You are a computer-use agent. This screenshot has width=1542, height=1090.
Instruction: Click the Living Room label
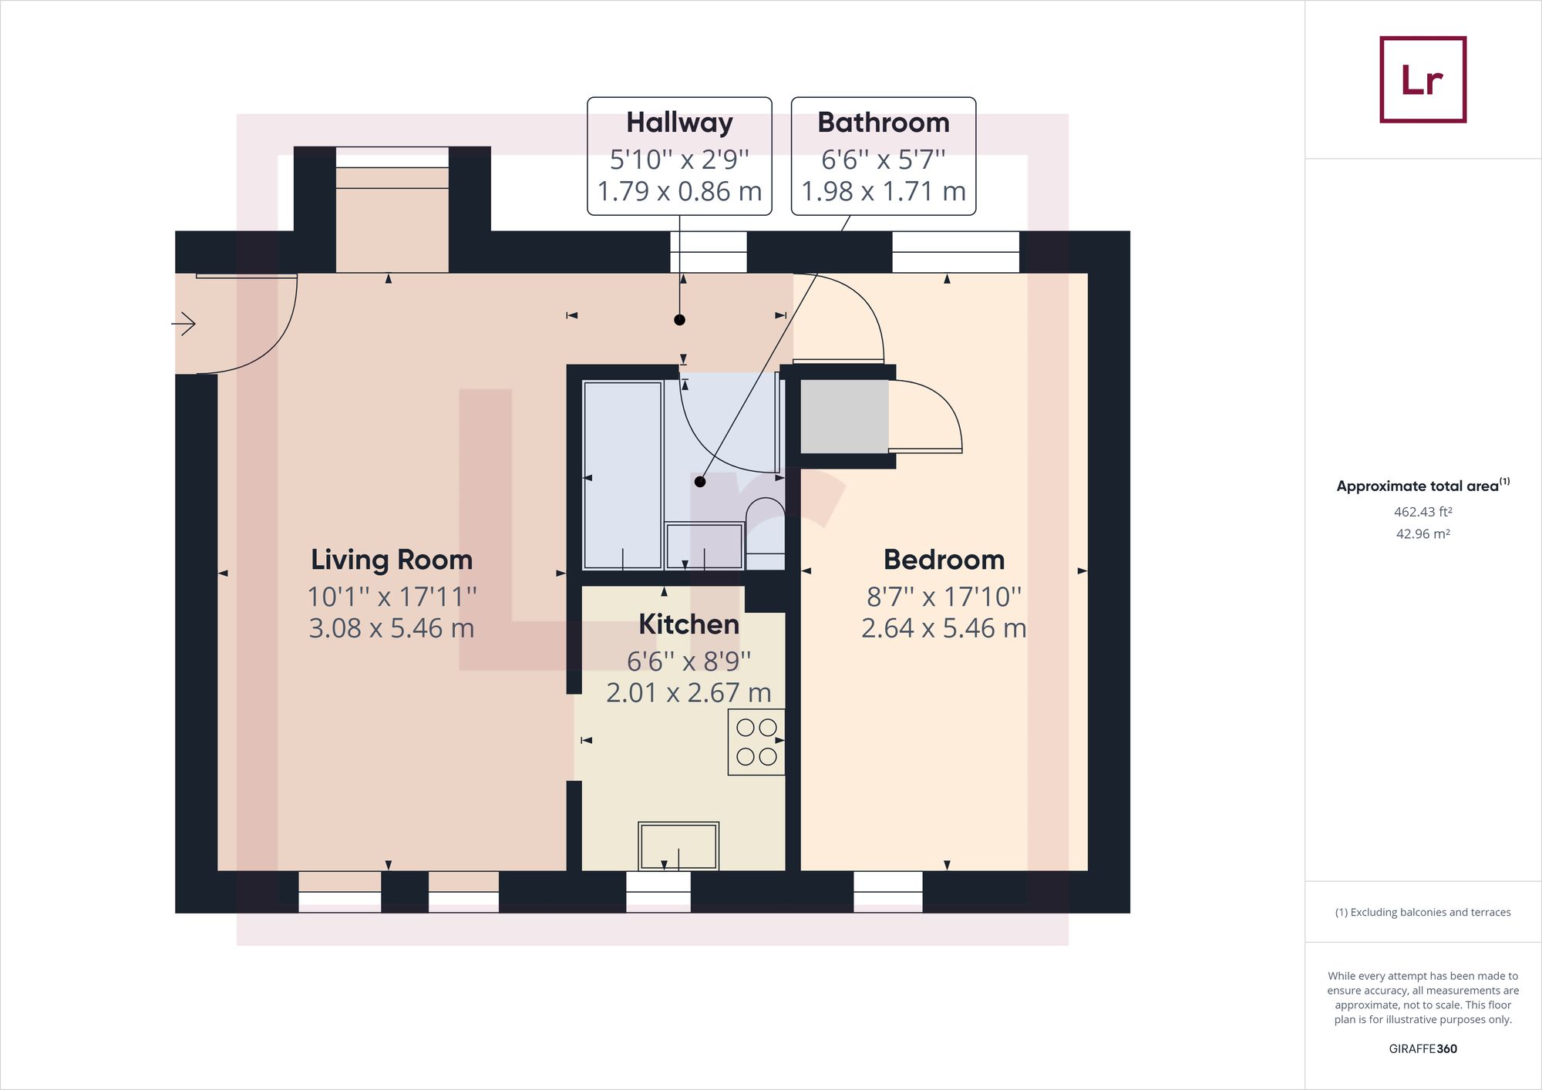[x=392, y=560]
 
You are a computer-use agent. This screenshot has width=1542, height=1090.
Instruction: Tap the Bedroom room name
[x=944, y=560]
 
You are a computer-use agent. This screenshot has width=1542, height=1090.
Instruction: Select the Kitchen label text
[x=689, y=624]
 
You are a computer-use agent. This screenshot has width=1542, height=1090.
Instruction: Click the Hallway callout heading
[x=679, y=123]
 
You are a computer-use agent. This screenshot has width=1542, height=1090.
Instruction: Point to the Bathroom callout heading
[x=884, y=123]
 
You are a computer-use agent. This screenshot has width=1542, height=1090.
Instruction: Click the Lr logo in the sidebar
[x=1422, y=79]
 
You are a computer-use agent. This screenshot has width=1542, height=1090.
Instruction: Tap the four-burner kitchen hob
[x=756, y=742]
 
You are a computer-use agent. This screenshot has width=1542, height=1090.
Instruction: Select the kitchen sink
[x=678, y=846]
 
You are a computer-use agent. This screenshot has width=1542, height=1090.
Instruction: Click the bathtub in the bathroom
[x=623, y=475]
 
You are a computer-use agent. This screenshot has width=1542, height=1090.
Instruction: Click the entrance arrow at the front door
[x=183, y=324]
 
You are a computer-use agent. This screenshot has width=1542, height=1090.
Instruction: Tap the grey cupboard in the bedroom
[x=844, y=417]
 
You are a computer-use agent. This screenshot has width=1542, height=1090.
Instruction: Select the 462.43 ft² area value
[x=1422, y=512]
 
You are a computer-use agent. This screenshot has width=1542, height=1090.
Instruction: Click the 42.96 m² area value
[x=1422, y=533]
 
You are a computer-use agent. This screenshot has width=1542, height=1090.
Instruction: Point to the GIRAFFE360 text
[x=1422, y=1048]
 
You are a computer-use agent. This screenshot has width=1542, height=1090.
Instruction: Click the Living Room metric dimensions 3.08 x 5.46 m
[x=392, y=628]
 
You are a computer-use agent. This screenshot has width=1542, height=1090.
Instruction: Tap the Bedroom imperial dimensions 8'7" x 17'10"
[x=944, y=597]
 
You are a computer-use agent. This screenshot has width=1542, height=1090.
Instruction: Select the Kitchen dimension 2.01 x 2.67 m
[x=689, y=693]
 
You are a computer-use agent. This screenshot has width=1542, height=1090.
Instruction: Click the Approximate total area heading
[x=1422, y=486]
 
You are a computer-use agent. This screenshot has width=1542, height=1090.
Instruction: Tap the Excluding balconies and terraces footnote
[x=1422, y=912]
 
